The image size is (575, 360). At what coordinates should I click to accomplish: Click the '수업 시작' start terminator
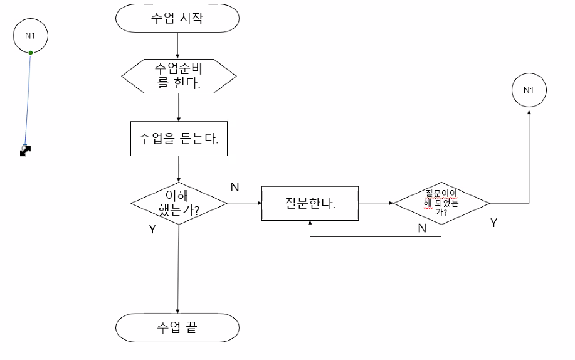(x=177, y=18)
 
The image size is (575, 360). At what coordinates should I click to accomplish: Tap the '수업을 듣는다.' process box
(x=179, y=139)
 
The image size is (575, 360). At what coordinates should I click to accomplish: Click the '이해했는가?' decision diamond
(x=179, y=203)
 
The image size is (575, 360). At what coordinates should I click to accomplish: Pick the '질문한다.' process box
(x=310, y=203)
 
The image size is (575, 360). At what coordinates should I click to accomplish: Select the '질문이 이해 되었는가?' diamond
(x=441, y=203)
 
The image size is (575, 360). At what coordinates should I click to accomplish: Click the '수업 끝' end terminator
(x=177, y=328)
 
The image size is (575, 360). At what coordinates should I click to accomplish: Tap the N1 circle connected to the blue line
(x=30, y=36)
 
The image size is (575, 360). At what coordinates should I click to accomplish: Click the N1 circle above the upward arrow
(x=529, y=90)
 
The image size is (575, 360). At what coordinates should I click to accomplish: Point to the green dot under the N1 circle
(x=30, y=52)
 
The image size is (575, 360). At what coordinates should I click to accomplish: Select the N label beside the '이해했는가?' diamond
(x=235, y=187)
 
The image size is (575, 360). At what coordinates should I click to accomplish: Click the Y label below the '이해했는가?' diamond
(x=152, y=230)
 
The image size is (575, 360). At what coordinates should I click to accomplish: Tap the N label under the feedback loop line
(x=422, y=228)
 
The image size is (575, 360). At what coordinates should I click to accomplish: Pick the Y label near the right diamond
(x=493, y=222)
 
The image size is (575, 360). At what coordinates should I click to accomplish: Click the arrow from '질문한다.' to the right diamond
(x=375, y=203)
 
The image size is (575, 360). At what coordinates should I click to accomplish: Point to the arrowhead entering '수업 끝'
(x=178, y=310)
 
